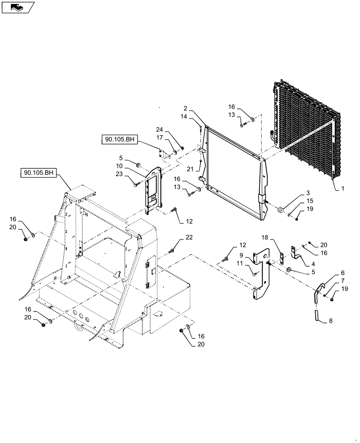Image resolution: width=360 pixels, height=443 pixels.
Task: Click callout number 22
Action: [189, 238]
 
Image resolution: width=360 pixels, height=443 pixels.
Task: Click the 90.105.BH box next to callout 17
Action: [120, 140]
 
